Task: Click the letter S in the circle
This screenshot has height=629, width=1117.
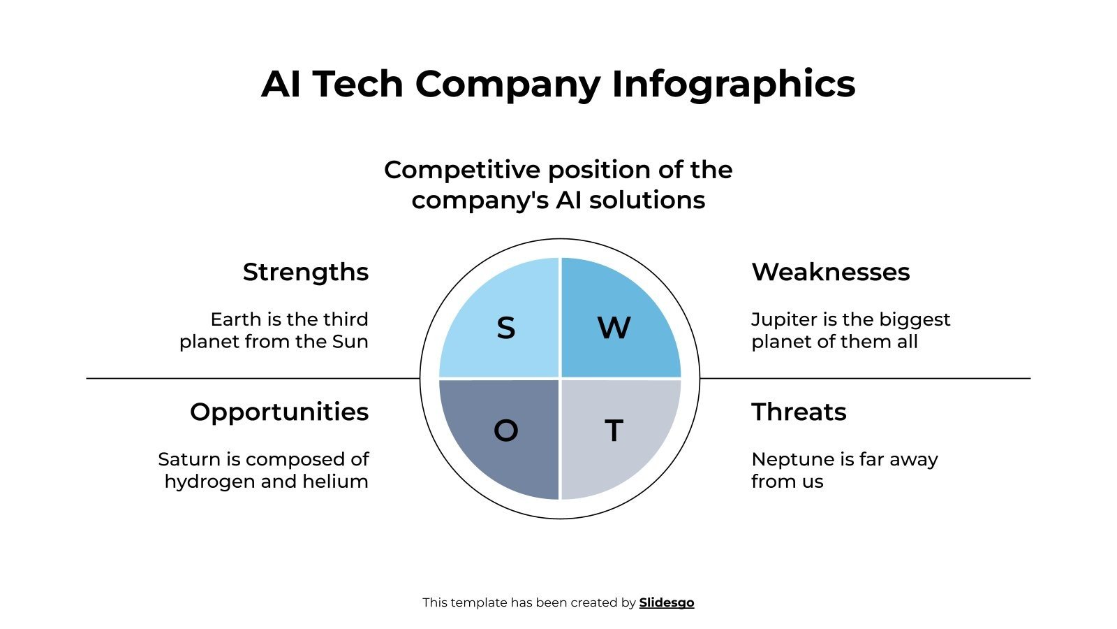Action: click(x=505, y=328)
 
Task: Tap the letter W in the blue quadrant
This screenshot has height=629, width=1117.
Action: click(x=614, y=328)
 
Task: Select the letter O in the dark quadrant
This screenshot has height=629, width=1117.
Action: click(x=505, y=431)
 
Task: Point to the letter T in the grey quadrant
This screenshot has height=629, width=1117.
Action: click(x=614, y=431)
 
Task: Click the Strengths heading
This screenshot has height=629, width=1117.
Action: click(x=305, y=272)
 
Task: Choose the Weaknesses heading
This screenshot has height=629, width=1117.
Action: click(x=830, y=272)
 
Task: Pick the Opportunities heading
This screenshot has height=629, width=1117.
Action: click(x=279, y=412)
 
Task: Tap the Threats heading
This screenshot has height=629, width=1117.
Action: click(x=799, y=412)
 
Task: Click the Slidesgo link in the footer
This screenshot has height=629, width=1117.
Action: click(x=666, y=602)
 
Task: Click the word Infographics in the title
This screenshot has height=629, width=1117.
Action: click(x=733, y=84)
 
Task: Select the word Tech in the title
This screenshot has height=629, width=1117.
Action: click(x=357, y=84)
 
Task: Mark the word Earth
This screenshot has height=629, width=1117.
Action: click(x=235, y=319)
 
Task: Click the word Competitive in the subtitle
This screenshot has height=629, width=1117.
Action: click(x=462, y=170)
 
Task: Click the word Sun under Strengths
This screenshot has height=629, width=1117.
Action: click(x=350, y=342)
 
